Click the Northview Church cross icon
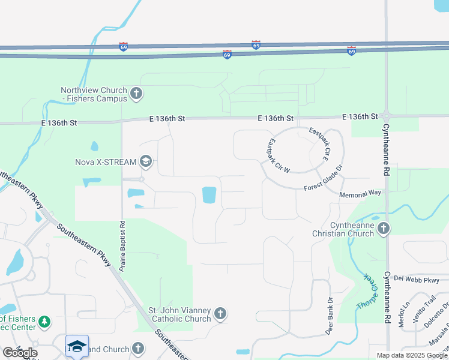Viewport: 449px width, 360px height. click(137, 93)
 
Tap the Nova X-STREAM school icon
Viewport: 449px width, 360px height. click(146, 161)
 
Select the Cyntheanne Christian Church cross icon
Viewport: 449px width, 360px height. click(384, 228)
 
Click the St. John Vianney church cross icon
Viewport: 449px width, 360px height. click(220, 313)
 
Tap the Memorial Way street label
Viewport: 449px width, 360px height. click(360, 194)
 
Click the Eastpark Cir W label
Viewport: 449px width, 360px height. click(278, 156)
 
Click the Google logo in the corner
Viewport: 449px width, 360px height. click(20, 352)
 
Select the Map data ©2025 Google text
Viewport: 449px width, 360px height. click(411, 355)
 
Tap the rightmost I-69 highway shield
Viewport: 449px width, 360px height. click(351, 52)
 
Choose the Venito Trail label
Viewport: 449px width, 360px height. click(430, 312)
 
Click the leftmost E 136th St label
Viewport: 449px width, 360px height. click(59, 122)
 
